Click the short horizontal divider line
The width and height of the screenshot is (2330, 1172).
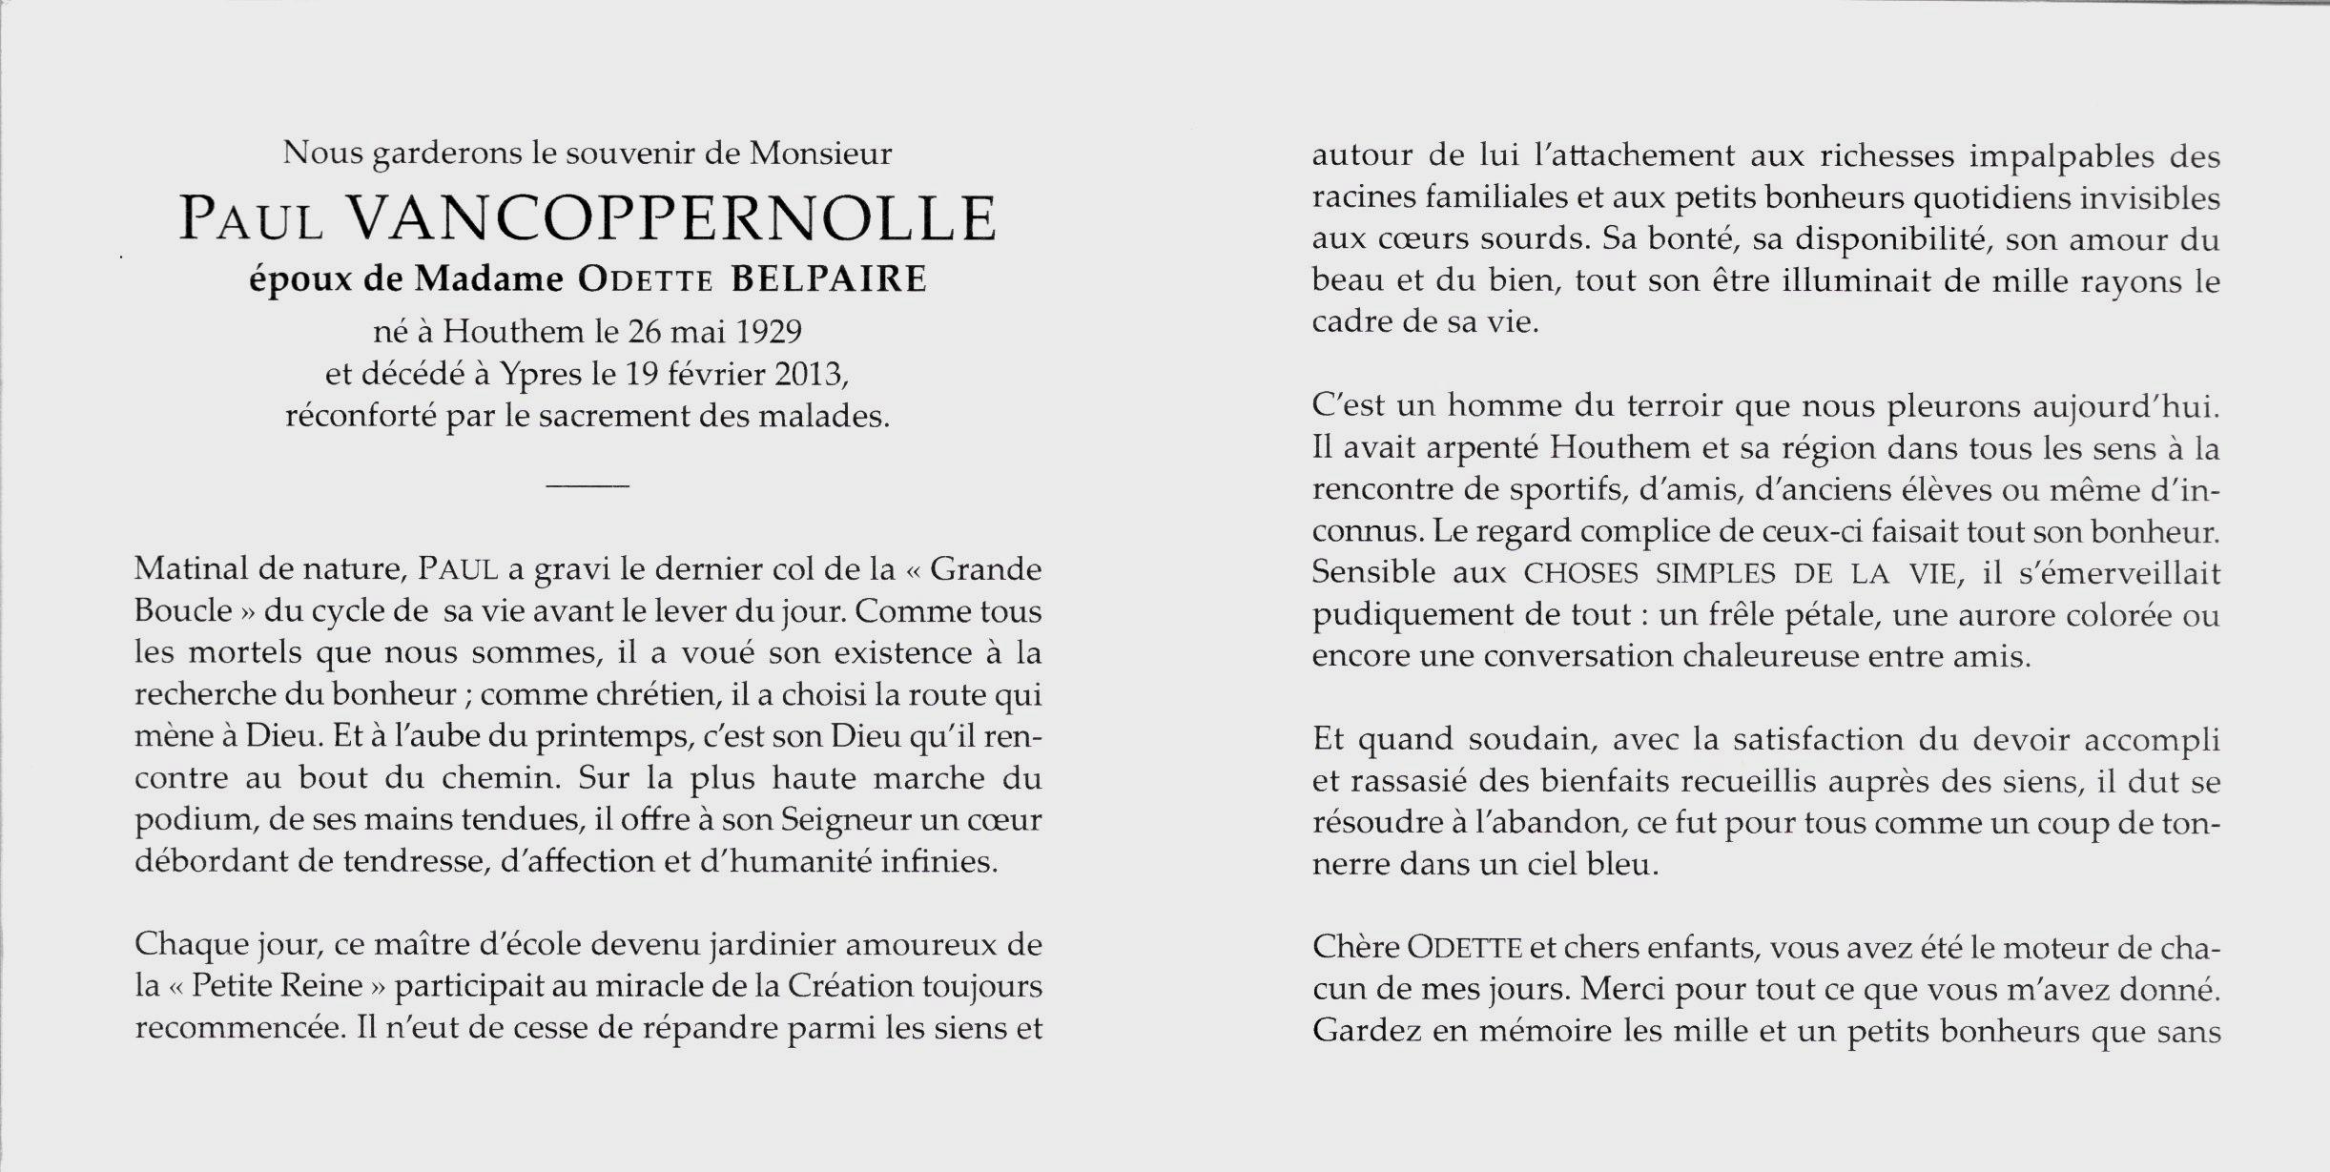pos(588,487)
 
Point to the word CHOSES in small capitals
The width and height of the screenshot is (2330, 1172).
pos(1583,573)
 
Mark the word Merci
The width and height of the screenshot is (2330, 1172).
pos(1620,989)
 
